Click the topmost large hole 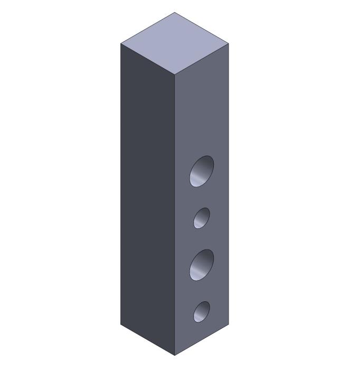point(202,171)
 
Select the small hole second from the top point(201,218)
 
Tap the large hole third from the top point(202,265)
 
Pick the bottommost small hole point(201,311)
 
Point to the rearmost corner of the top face point(175,13)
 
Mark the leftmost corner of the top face point(121,43)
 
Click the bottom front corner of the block point(175,355)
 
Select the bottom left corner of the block point(121,324)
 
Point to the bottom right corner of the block point(229,324)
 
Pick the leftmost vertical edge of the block point(121,185)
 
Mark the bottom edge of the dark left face point(148,340)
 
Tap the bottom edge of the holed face point(202,340)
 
